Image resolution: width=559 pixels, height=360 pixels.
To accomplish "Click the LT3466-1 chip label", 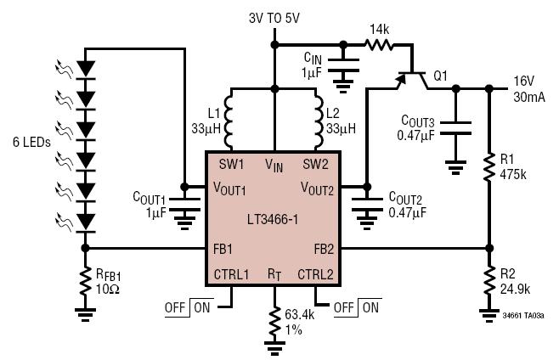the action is click(273, 219).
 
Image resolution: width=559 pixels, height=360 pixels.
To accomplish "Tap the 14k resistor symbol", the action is click(379, 45).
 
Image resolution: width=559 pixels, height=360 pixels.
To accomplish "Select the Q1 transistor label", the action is click(440, 76).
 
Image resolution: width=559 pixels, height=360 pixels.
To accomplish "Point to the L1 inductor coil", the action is click(229, 119).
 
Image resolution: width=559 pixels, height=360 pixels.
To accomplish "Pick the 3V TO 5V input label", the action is click(274, 18).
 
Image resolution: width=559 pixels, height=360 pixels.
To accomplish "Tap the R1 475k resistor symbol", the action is click(489, 166).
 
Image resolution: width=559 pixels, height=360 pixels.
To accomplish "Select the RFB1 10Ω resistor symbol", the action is click(85, 282).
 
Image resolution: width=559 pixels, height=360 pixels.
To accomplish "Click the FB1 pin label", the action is click(223, 249).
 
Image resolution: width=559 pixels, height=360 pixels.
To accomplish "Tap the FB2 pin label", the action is click(324, 249).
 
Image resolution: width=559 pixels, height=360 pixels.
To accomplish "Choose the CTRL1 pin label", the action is click(231, 274).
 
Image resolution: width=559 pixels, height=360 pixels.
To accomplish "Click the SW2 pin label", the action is click(315, 165).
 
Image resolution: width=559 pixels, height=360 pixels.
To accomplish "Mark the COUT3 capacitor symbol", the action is click(455, 128).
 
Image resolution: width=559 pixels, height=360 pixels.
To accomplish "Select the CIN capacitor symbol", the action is click(343, 65).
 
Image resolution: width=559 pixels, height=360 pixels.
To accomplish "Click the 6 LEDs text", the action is click(31, 143).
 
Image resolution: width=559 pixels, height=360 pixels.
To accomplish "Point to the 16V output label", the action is click(524, 82).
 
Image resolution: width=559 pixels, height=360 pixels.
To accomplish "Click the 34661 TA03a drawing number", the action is click(523, 316).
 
